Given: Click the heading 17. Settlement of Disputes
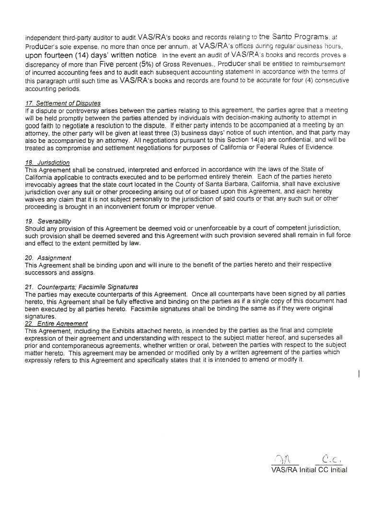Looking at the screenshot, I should point(62,104).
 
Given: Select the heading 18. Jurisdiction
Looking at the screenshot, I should point(47,162).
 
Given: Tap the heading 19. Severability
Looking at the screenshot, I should point(48,221).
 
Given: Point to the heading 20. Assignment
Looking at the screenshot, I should point(48,258).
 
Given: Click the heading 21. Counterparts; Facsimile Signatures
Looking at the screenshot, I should point(81,287).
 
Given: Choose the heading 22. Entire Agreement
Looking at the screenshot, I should point(56,324).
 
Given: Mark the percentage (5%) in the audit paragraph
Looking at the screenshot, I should point(134,64).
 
